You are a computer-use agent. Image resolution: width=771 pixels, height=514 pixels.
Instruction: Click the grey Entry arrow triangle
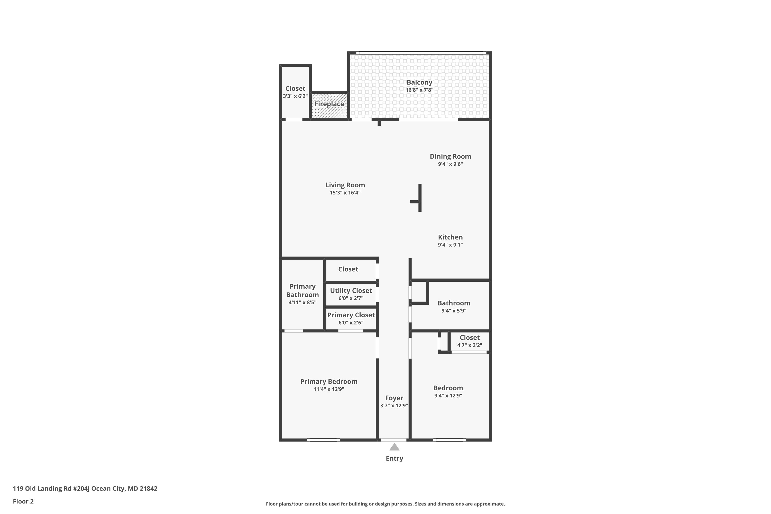click(394, 447)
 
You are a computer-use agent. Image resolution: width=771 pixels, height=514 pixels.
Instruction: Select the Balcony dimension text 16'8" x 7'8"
click(419, 90)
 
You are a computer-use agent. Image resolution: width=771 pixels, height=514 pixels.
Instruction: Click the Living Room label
click(345, 185)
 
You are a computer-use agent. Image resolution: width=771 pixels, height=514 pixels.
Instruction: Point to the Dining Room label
click(450, 156)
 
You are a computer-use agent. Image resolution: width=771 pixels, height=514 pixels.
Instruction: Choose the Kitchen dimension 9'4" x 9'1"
click(450, 245)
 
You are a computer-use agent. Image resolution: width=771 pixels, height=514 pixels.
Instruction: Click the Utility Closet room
click(351, 294)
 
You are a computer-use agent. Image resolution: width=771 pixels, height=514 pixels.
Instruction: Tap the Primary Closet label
click(351, 315)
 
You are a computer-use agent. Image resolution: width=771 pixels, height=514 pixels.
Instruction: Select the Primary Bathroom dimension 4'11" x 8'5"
click(302, 302)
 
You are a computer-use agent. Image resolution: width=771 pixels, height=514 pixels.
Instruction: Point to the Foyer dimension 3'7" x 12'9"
click(394, 406)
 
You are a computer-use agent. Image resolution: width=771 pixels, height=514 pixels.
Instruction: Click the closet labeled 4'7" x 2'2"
click(470, 341)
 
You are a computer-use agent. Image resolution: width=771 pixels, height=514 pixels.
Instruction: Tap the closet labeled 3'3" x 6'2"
click(295, 92)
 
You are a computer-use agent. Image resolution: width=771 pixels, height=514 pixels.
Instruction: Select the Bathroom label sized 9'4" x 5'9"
click(454, 303)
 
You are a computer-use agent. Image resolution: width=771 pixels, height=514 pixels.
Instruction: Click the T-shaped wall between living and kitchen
click(420, 198)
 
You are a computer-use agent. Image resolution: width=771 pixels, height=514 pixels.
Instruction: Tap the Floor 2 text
click(23, 501)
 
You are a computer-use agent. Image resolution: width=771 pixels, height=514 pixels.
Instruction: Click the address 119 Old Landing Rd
click(85, 489)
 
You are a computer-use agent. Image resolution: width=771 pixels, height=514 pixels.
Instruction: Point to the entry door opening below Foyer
click(394, 440)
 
